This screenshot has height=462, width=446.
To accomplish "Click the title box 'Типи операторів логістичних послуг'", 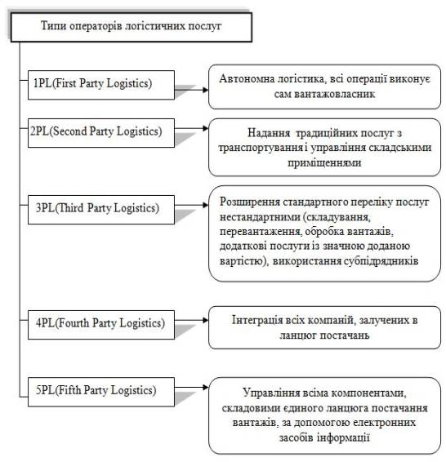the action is pyautogui.click(x=132, y=27).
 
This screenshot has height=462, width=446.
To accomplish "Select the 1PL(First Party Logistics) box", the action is pyautogui.click(x=101, y=85).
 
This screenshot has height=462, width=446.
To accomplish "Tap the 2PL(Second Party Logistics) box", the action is pyautogui.click(x=101, y=133).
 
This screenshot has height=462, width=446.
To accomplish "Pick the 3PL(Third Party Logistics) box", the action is pyautogui.click(x=101, y=210).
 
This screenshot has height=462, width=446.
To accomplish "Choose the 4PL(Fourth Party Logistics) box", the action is pyautogui.click(x=101, y=325).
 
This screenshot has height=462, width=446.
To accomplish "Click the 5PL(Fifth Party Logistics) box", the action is pyautogui.click(x=101, y=392).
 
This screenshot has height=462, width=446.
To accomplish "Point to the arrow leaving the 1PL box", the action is pyautogui.click(x=192, y=90).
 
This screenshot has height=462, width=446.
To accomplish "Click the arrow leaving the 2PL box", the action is pyautogui.click(x=192, y=128).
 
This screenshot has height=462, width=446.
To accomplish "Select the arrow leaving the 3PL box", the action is pyautogui.click(x=192, y=205).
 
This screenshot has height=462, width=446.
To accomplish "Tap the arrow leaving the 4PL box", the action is pyautogui.click(x=192, y=320).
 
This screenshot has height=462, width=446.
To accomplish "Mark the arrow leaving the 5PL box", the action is pyautogui.click(x=192, y=387).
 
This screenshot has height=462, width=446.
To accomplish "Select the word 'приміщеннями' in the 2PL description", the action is pyautogui.click(x=324, y=163).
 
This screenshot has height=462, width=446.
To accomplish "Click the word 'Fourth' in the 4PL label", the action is pyautogui.click(x=74, y=323).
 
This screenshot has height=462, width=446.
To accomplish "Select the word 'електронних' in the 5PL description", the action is pyautogui.click(x=384, y=423).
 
